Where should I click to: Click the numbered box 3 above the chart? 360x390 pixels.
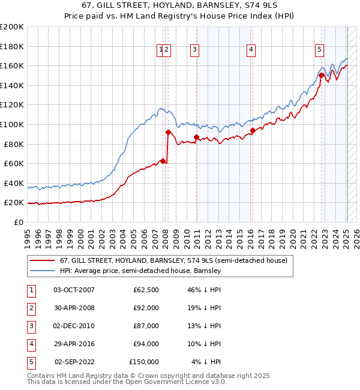click(195, 50)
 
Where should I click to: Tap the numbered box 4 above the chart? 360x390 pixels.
click(251, 50)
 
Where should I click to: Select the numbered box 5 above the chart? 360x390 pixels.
click(319, 50)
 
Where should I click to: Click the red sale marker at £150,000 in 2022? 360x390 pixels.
click(322, 76)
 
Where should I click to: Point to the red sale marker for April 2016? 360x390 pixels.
click(253, 130)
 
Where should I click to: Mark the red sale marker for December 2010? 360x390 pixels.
click(196, 137)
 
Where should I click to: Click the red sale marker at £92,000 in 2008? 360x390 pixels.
click(168, 132)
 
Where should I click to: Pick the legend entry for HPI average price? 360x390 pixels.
click(140, 271)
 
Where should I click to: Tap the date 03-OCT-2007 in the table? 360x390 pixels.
click(74, 290)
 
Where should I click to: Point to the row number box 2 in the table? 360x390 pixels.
click(30, 308)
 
